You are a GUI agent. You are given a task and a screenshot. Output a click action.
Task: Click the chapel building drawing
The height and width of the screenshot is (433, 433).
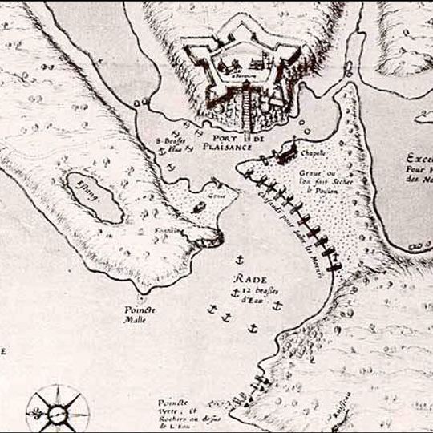click(291, 149)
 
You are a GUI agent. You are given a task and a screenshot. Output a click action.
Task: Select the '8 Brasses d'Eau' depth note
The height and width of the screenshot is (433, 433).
click(173, 143)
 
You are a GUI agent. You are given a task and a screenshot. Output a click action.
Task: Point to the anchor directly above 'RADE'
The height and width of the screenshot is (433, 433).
click(241, 261)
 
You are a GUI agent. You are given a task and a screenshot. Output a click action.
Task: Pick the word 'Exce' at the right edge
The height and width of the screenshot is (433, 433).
click(419, 158)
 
